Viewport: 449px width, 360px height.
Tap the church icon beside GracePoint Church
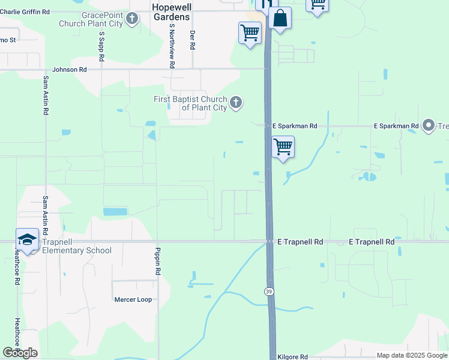tap(133, 19)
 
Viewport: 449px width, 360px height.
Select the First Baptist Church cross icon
tap(236, 103)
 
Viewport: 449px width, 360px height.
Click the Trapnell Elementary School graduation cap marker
tap(27, 240)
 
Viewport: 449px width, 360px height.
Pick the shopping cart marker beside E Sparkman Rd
tap(283, 147)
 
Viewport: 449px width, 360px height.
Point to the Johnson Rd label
tap(70, 70)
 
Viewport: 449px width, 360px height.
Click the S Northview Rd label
tap(172, 45)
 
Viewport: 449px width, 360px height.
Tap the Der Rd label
tap(193, 40)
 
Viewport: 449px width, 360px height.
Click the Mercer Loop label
tap(133, 299)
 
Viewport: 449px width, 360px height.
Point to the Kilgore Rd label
tap(293, 356)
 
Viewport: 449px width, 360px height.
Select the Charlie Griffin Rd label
tap(27, 11)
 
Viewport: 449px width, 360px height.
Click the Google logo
tap(20, 353)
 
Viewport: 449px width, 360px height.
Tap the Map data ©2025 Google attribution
tap(412, 356)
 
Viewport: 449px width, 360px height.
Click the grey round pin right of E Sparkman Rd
tap(429, 126)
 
